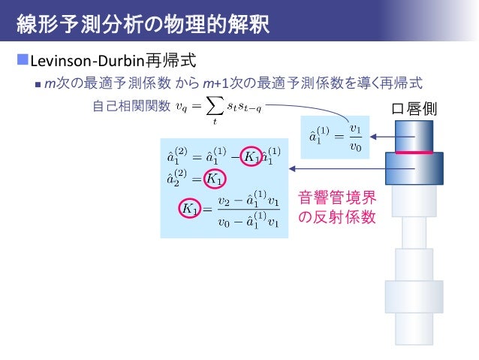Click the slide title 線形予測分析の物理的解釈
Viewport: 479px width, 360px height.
[143, 25]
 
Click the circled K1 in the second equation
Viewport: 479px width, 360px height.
[215, 178]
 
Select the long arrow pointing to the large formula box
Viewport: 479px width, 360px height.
[345, 170]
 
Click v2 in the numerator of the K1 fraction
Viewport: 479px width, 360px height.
[223, 201]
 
